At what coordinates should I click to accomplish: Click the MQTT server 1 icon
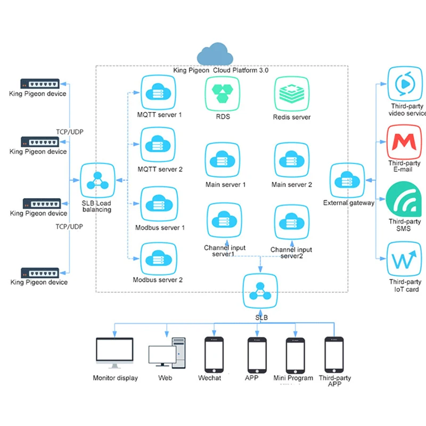pyautogui.click(x=158, y=92)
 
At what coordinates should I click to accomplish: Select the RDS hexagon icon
pyautogui.click(x=223, y=94)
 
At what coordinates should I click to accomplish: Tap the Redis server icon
pyautogui.click(x=292, y=94)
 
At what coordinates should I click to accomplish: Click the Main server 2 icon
pyautogui.click(x=292, y=160)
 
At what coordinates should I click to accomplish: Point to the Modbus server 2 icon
pyautogui.click(x=159, y=259)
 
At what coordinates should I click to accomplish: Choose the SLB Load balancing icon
pyautogui.click(x=97, y=180)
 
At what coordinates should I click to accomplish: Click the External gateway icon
pyautogui.click(x=347, y=180)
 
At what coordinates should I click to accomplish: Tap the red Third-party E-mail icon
pyautogui.click(x=404, y=142)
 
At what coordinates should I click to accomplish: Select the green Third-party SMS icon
pyautogui.click(x=404, y=199)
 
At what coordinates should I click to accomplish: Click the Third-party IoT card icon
pyautogui.click(x=404, y=259)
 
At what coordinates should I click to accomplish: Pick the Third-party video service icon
pyautogui.click(x=405, y=84)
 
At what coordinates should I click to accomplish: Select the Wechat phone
pyautogui.click(x=214, y=355)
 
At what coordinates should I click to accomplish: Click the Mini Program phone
pyautogui.click(x=296, y=356)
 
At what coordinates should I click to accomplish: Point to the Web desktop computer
pyautogui.click(x=167, y=353)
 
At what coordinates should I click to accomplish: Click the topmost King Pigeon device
pyautogui.click(x=40, y=84)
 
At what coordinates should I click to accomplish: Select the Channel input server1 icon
pyautogui.click(x=224, y=220)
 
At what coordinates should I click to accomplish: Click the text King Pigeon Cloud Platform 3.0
pyautogui.click(x=220, y=70)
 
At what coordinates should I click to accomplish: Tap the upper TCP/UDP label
pyautogui.click(x=70, y=132)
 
